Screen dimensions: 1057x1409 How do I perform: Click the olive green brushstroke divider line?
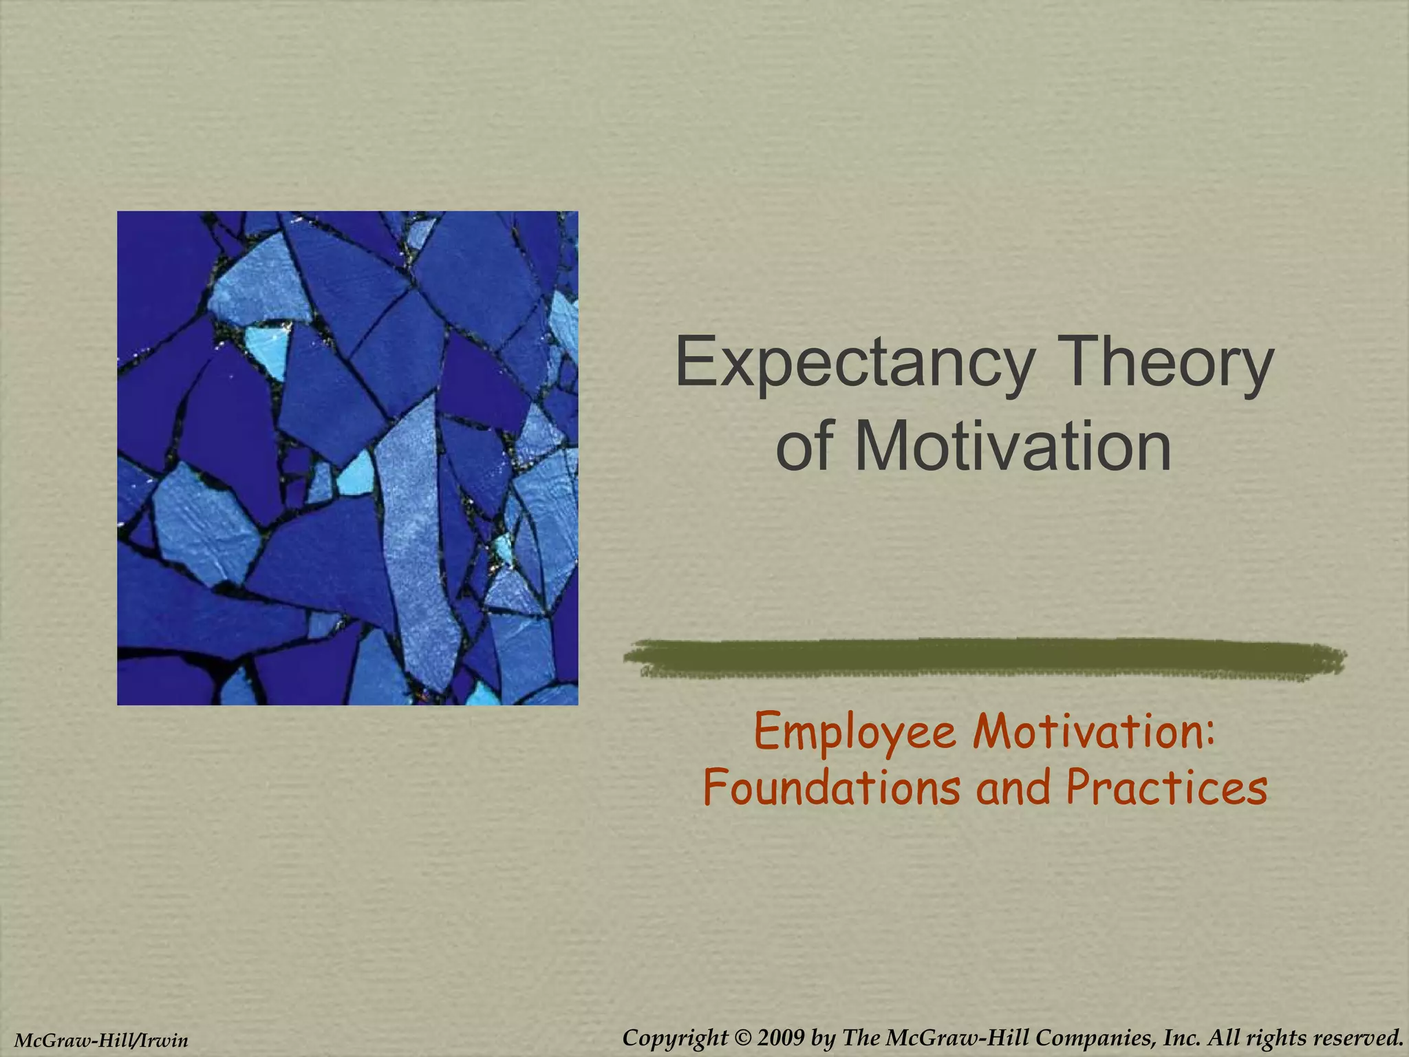pyautogui.click(x=984, y=658)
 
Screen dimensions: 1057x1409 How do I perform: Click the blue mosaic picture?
pyautogui.click(x=347, y=458)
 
